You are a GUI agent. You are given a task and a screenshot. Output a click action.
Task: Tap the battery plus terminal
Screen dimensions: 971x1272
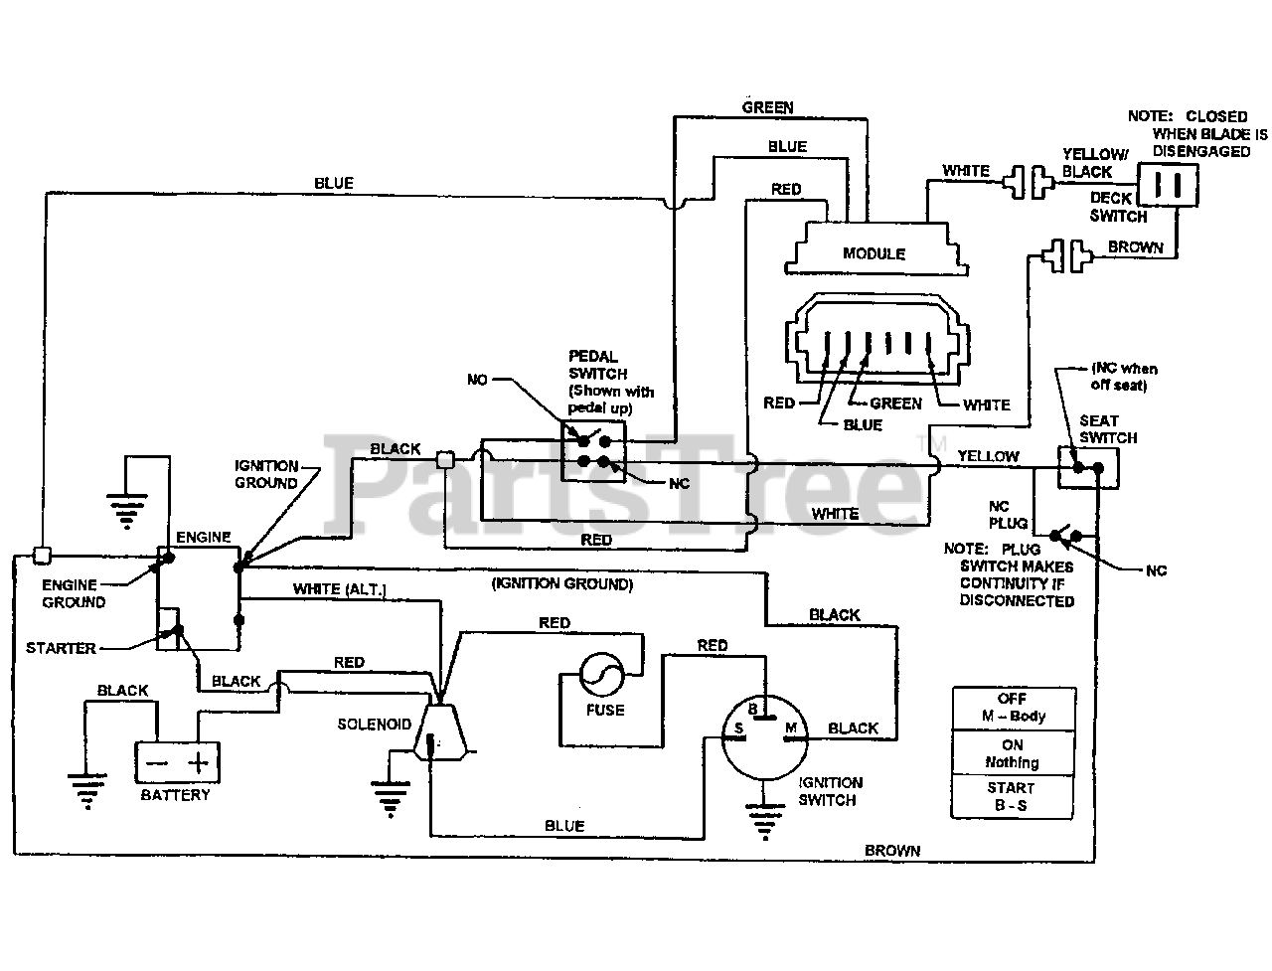coord(200,763)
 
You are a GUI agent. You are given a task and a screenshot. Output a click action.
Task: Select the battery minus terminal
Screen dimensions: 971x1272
coord(157,763)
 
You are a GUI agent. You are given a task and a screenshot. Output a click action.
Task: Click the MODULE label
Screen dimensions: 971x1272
coord(874,253)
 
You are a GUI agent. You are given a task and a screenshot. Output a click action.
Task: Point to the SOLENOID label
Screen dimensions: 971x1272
coord(374,725)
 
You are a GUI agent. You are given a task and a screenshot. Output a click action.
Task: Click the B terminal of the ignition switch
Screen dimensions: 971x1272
coord(753,709)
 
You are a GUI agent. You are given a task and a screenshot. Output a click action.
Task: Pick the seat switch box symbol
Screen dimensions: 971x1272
coord(1087,467)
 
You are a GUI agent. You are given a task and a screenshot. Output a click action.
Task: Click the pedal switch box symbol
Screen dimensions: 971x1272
coord(593,450)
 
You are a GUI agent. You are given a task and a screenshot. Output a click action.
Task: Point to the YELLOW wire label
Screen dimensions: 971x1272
coord(988,456)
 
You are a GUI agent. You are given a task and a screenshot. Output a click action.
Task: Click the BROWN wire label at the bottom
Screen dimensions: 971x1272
coord(891,851)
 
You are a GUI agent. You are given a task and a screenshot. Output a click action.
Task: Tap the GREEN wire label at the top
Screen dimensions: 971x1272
coord(767,106)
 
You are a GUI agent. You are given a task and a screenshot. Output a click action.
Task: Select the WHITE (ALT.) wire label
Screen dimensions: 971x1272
coord(339,589)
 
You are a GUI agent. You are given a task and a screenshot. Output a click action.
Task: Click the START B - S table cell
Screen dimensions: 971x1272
coord(1013,797)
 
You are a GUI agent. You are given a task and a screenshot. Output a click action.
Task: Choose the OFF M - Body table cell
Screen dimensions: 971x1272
coord(1013,708)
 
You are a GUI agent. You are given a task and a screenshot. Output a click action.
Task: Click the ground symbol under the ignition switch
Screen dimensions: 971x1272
coord(762,821)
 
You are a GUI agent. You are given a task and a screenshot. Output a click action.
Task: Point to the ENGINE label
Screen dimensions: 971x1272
coord(203,538)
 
